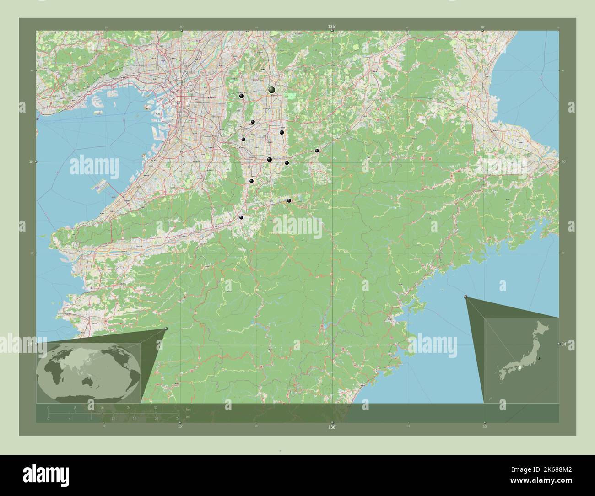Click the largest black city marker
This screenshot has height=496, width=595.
point(272,90)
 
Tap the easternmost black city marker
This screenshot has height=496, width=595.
point(317,151)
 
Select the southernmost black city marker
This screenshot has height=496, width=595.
point(241,217)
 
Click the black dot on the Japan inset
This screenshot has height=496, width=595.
point(539,358)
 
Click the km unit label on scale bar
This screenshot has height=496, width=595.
point(188,409)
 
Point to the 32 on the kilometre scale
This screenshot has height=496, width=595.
point(156,407)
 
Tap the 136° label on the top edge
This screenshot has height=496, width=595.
point(331,27)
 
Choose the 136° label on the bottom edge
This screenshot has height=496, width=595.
point(331,427)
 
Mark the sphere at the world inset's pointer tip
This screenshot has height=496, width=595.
point(166,329)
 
